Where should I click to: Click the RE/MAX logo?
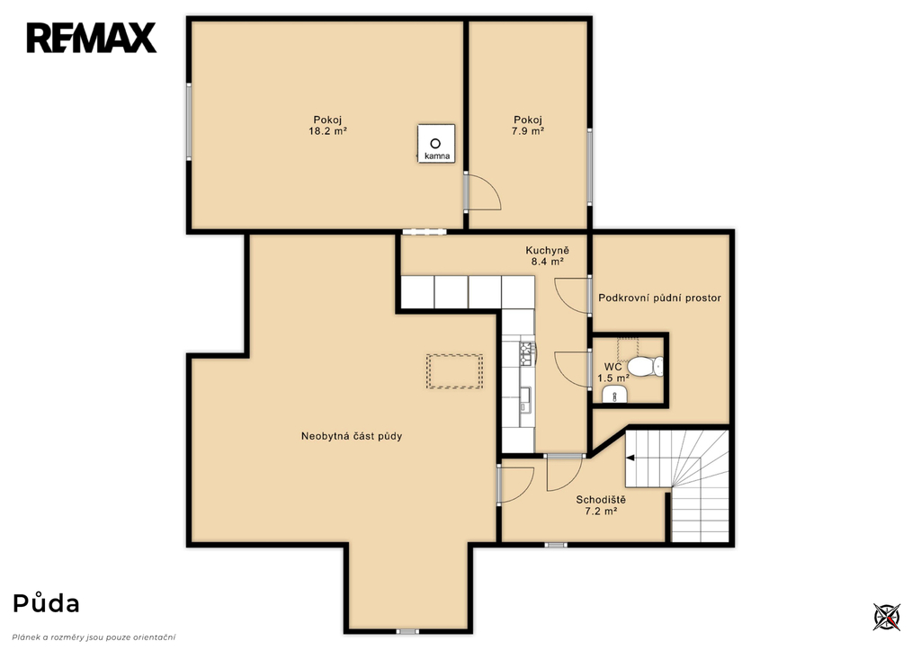pos(92,38)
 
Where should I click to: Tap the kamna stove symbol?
pos(436,144)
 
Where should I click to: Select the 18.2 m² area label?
pos(327,131)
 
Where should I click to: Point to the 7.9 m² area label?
pos(527,131)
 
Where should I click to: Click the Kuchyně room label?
pos(548,251)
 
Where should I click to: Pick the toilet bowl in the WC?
pos(645,366)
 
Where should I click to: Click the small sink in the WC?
pos(614,395)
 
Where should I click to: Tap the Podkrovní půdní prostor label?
pos(659,298)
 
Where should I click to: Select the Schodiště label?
pos(601,500)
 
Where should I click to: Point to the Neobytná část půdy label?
pos(352,436)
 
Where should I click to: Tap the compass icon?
pos(886,617)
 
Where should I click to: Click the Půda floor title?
pos(47,603)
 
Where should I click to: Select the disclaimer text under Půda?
pos(94,637)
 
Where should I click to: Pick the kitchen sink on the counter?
pos(525,398)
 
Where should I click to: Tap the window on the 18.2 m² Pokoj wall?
pos(189,121)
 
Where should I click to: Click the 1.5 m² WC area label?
pos(613,378)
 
